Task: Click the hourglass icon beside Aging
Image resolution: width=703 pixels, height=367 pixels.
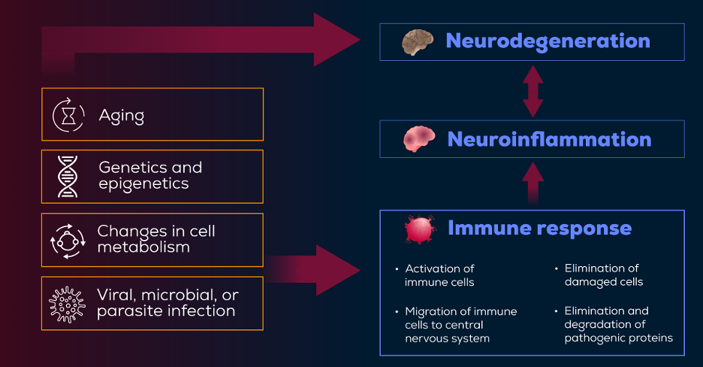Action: (68, 115)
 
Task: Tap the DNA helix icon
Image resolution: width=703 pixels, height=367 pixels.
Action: (68, 177)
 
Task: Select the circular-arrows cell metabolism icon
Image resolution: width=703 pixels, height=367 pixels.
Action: (68, 241)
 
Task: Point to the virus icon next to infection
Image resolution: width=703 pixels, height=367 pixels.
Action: (68, 305)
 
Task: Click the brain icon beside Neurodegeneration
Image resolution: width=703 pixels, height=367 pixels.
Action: (418, 41)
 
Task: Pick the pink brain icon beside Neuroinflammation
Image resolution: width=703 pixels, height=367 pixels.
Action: (419, 138)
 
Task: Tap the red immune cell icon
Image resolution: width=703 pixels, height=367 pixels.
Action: (420, 229)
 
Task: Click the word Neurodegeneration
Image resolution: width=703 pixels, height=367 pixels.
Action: (548, 41)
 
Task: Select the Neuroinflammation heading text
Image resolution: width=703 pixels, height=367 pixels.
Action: (549, 139)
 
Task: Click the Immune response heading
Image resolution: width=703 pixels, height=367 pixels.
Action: (540, 228)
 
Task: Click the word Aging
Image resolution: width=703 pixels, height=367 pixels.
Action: (122, 117)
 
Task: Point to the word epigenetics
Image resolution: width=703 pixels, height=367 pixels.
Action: (143, 184)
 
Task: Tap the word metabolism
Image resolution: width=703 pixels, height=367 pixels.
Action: (143, 247)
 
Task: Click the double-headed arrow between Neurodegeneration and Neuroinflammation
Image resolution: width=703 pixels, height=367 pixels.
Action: (533, 91)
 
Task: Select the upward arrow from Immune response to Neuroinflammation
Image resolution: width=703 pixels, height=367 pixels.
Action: (533, 183)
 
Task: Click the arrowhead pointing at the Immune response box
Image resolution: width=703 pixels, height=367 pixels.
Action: (338, 270)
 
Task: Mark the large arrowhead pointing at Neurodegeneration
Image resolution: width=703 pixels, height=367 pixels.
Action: (336, 39)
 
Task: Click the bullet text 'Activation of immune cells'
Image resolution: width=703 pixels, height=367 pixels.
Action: (439, 275)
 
